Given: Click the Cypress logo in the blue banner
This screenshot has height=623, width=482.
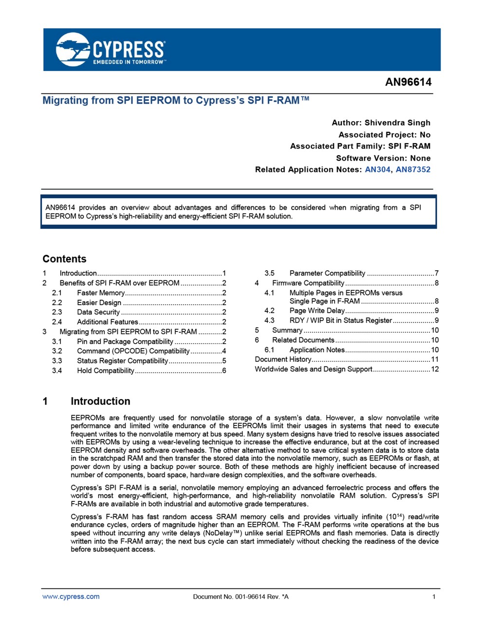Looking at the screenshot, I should (110, 50).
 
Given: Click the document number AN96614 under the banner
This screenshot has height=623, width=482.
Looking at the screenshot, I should (408, 82).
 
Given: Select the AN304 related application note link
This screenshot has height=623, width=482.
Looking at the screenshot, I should (377, 170).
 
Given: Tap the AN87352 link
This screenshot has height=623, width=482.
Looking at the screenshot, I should (413, 170).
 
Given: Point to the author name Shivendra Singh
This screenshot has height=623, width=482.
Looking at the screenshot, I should (397, 123).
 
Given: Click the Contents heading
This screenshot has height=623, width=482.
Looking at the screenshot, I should (64, 259).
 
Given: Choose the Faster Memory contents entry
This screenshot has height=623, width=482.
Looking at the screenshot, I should (101, 293).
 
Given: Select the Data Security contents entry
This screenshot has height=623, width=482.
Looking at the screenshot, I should (98, 312).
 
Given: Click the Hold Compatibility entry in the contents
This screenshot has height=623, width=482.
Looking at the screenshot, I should (106, 371).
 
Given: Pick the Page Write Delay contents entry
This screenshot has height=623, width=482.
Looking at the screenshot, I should (317, 311).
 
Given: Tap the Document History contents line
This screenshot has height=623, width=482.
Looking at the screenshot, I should (283, 360).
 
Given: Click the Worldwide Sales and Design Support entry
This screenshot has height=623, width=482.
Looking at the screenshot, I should (314, 369).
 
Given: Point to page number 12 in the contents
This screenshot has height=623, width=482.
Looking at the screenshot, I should (435, 369).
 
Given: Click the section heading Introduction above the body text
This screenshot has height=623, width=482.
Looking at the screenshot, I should (100, 402).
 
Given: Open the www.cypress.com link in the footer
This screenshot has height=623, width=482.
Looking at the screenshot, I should (71, 597).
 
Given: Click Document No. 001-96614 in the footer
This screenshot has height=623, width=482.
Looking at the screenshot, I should (241, 597).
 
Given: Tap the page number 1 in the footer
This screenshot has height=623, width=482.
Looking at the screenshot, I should (434, 597).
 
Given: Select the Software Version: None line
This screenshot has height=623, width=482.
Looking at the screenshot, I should (383, 158).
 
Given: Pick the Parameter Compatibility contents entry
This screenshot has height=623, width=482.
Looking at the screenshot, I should (327, 274).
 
